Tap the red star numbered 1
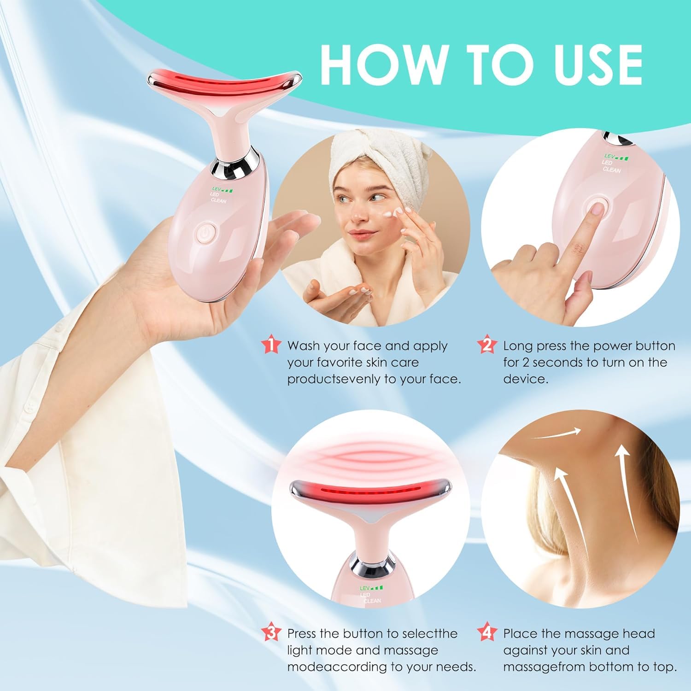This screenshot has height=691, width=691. [x=271, y=345]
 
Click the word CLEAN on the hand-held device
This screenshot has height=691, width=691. [x=218, y=201]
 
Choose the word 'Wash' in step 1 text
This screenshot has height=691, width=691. [x=304, y=346]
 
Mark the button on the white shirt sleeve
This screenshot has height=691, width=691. [x=31, y=405]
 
